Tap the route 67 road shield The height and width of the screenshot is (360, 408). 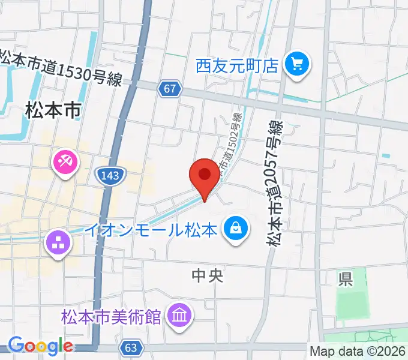coord(170,89)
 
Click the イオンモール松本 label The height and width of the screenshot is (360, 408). coord(149,230)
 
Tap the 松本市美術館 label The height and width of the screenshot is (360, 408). coord(111,316)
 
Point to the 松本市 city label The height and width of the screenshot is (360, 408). coord(53,110)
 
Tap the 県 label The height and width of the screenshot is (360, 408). coord(344,278)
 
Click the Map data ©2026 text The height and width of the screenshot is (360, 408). coord(357,352)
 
